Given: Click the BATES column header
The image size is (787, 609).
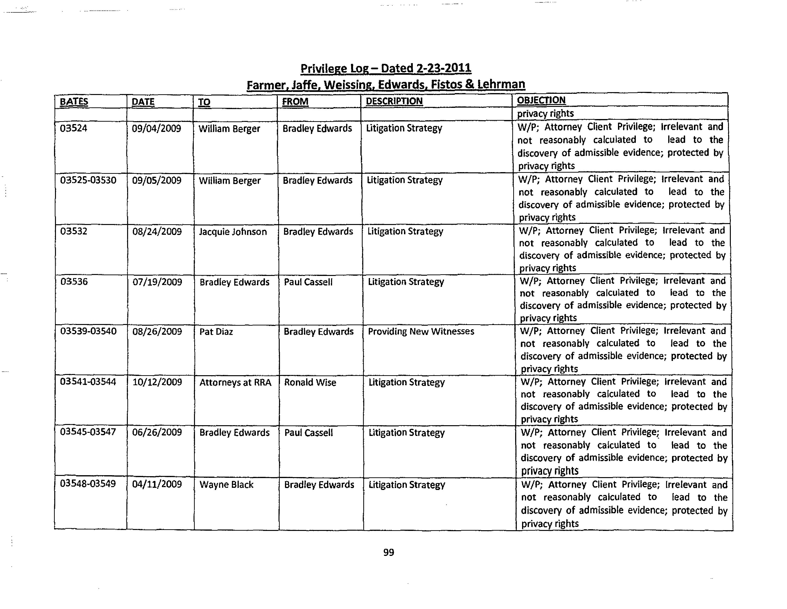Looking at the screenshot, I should (74, 102).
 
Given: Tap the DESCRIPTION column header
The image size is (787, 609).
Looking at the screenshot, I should (394, 101).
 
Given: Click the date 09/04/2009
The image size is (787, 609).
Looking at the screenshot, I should (156, 129).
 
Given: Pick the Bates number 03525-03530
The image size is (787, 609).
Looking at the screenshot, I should (88, 180).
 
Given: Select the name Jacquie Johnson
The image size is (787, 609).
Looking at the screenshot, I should (233, 232).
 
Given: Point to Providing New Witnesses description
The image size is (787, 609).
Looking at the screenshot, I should (421, 332).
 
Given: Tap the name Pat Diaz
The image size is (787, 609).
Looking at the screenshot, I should (216, 332).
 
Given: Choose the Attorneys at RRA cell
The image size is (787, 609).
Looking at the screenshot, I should (235, 382).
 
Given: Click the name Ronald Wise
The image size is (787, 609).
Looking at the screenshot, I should (310, 382).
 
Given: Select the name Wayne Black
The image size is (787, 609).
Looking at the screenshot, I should (226, 485).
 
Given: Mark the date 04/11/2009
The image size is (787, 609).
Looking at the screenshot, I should (157, 484).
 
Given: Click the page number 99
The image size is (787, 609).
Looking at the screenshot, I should (389, 552).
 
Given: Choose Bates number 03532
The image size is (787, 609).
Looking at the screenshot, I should (74, 231).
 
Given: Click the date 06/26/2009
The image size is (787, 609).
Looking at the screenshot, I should (157, 432).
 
